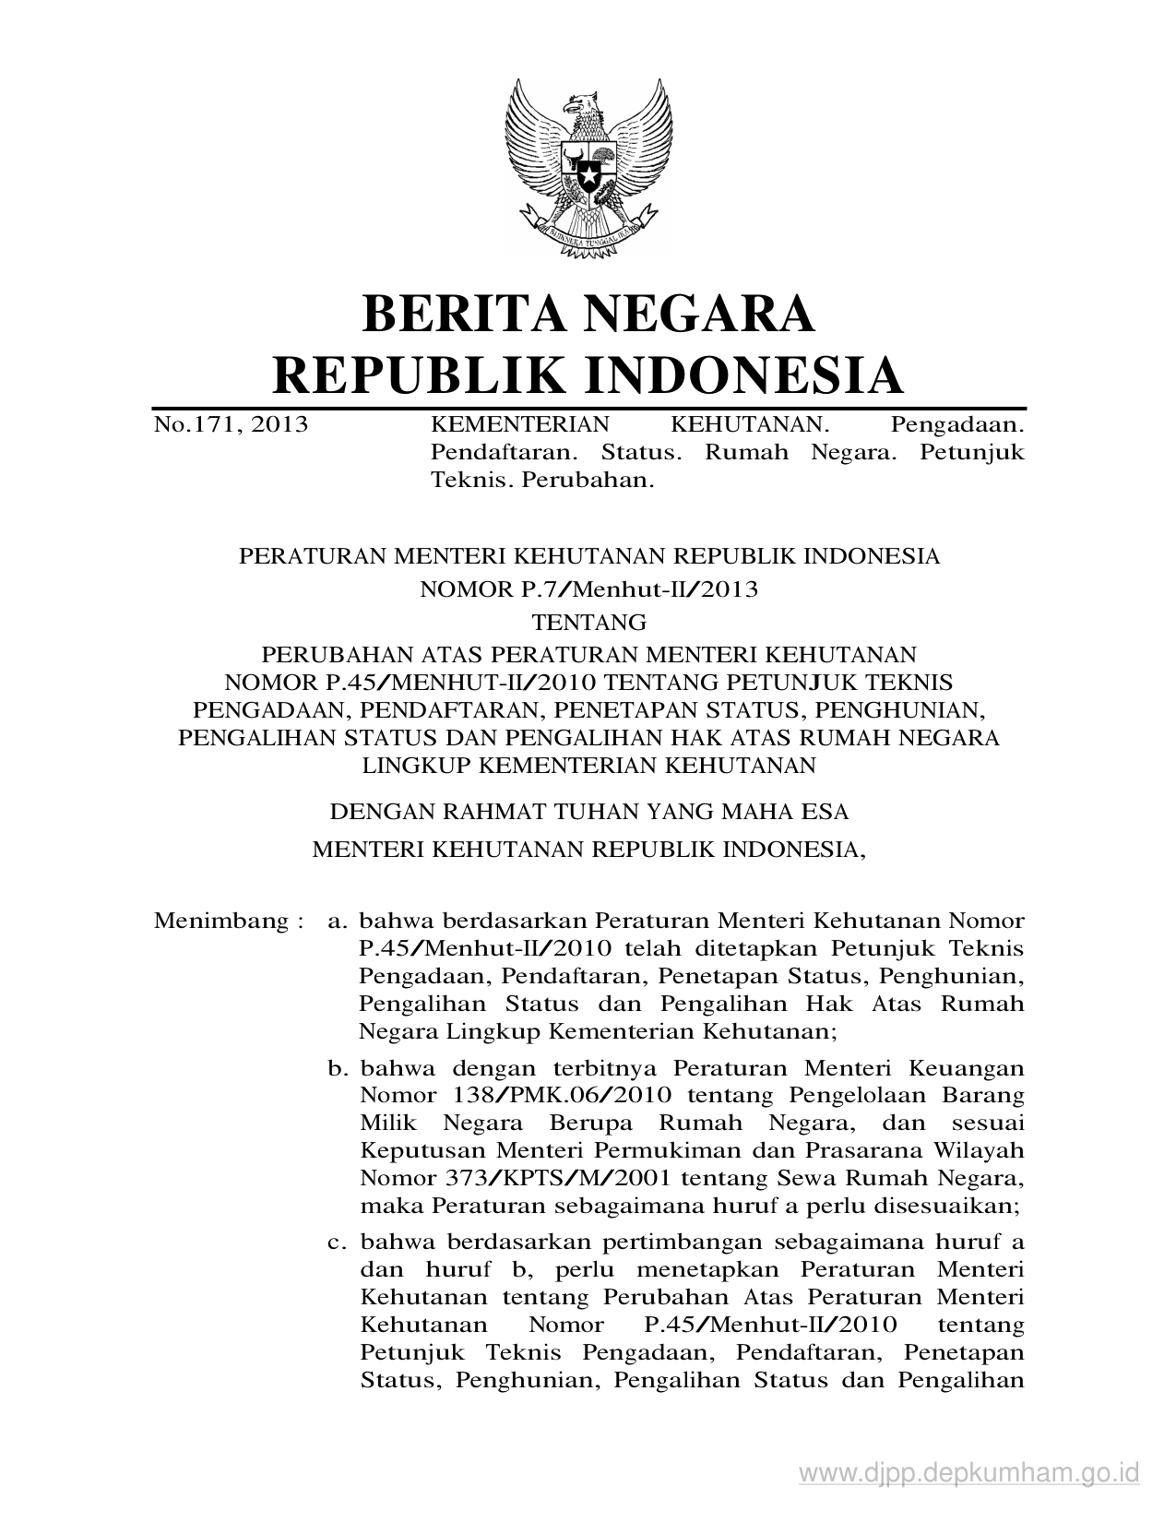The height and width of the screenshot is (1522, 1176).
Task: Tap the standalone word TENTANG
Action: coord(588,622)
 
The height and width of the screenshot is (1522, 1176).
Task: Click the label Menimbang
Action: coord(221,921)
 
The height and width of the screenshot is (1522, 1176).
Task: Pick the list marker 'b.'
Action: coord(339,1068)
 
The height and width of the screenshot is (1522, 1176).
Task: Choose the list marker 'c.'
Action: coord(339,1242)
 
